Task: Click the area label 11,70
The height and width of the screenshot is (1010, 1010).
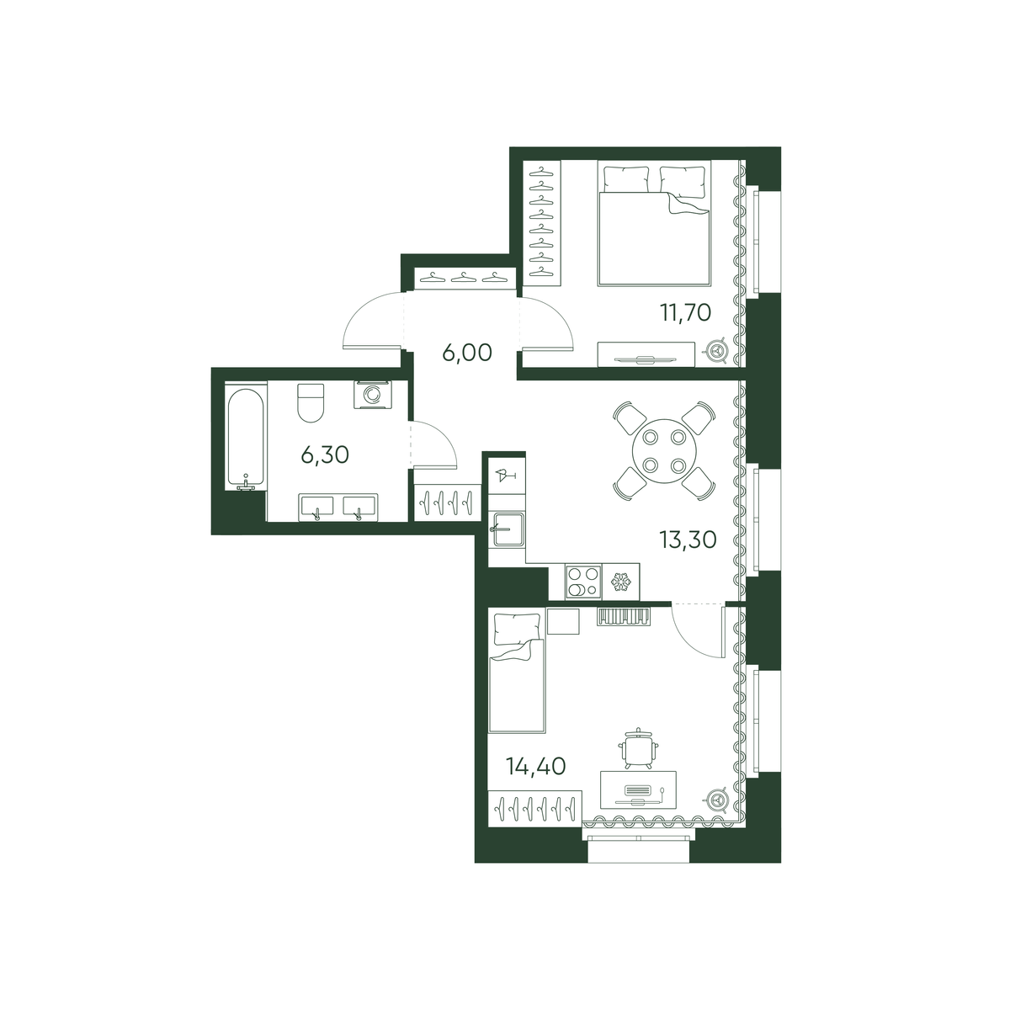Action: point(686,313)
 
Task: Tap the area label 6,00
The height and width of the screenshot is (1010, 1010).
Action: point(467,353)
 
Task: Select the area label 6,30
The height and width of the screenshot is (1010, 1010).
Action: point(325,455)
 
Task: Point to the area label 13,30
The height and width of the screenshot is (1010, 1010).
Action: point(688,540)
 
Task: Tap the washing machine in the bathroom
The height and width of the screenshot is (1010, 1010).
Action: point(371,395)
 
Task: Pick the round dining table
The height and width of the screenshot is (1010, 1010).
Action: point(664,450)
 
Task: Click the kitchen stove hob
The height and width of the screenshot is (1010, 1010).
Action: point(582,582)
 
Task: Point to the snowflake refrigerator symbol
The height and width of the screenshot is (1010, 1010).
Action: point(620,582)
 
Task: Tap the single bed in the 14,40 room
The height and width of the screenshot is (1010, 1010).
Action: point(517,673)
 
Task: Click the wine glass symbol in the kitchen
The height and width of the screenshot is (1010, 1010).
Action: point(506,476)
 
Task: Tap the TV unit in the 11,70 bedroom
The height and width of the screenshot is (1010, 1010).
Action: point(646,355)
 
